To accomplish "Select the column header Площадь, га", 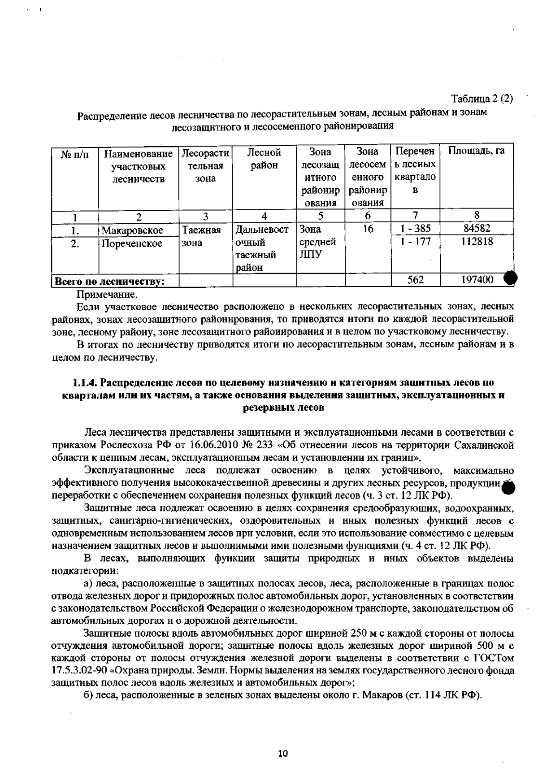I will pyautogui.click(x=477, y=151).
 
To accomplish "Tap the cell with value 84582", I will pyautogui.click(x=477, y=228).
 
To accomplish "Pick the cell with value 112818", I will pyautogui.click(x=477, y=242).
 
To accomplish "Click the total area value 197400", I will pyautogui.click(x=477, y=280).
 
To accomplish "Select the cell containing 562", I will pyautogui.click(x=416, y=280).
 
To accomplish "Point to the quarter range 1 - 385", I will pyautogui.click(x=416, y=229).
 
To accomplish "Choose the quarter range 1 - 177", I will pyautogui.click(x=416, y=242).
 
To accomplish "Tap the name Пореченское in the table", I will pyautogui.click(x=132, y=244).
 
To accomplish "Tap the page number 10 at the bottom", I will pyautogui.click(x=282, y=754).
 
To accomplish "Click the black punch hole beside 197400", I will pyautogui.click(x=510, y=279).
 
